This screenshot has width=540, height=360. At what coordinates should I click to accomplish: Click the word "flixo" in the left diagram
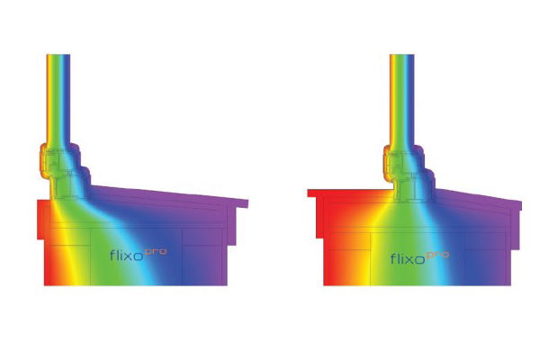click(129, 255)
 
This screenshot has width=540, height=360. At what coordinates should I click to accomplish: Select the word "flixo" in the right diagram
click(408, 259)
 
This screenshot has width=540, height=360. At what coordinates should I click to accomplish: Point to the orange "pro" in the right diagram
click(437, 254)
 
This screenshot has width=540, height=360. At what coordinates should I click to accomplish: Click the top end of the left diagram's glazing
click(59, 57)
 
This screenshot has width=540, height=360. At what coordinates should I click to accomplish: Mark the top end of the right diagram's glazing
click(400, 57)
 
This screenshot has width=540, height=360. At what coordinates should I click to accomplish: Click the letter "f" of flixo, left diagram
click(112, 255)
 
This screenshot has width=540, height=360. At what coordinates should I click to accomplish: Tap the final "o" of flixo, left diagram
click(147, 256)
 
